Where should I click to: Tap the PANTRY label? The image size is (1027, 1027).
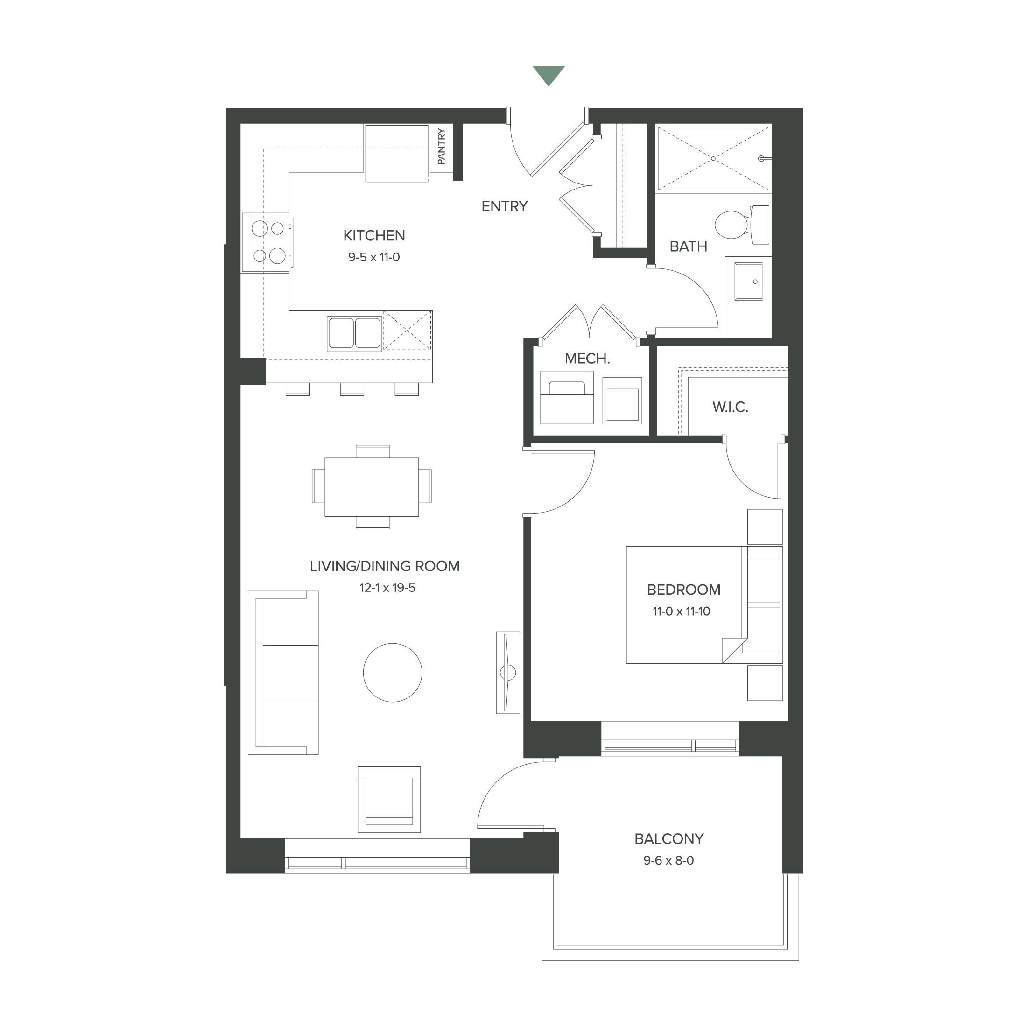pyautogui.click(x=441, y=146)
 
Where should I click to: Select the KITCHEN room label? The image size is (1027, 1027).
pyautogui.click(x=374, y=235)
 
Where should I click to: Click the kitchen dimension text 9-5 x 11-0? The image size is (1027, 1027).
pyautogui.click(x=374, y=258)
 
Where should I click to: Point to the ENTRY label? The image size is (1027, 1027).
pyautogui.click(x=504, y=206)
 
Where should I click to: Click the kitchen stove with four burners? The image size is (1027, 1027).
pyautogui.click(x=267, y=242)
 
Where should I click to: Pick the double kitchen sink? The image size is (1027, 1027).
pyautogui.click(x=354, y=333)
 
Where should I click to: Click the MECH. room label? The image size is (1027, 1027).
pyautogui.click(x=587, y=359)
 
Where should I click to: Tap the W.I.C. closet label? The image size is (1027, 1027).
pyautogui.click(x=730, y=408)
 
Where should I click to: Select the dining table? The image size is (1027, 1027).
pyautogui.click(x=372, y=486)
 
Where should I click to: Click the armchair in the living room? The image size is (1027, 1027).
pyautogui.click(x=389, y=799)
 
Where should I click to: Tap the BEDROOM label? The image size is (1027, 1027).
pyautogui.click(x=683, y=590)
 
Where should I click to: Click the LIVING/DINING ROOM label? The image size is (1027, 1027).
pyautogui.click(x=384, y=566)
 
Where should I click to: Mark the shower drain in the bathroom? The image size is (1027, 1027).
pyautogui.click(x=712, y=158)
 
